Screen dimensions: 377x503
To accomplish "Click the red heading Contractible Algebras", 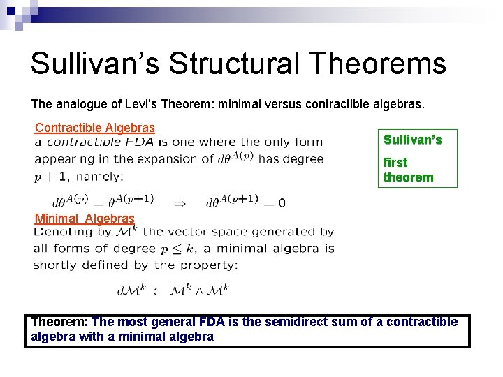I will (x=95, y=127).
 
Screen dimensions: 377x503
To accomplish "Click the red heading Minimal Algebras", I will (x=85, y=218).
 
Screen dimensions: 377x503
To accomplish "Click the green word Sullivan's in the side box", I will (x=413, y=140).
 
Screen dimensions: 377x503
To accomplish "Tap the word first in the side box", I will (x=395, y=162).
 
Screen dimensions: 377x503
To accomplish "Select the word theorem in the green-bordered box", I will (x=408, y=177).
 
